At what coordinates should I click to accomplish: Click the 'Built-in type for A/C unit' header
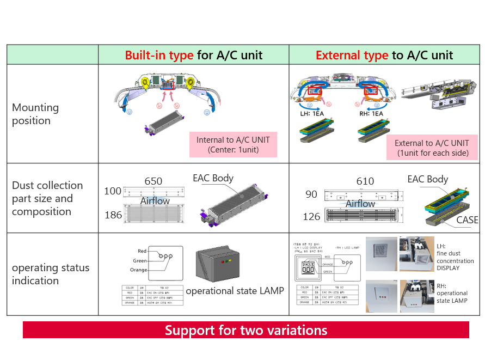pyautogui.click(x=193, y=55)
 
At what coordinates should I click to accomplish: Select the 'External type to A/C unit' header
pyautogui.click(x=384, y=55)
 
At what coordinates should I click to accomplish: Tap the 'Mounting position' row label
pyautogui.click(x=35, y=114)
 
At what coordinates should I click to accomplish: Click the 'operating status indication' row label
pyautogui.click(x=50, y=274)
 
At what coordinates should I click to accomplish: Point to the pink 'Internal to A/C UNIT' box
pyautogui.click(x=233, y=144)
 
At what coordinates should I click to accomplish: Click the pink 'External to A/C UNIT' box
pyautogui.click(x=431, y=148)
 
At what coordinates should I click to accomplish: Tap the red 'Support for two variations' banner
pyautogui.click(x=245, y=330)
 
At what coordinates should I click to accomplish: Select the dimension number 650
pyautogui.click(x=153, y=181)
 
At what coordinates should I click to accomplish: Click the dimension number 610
pyautogui.click(x=365, y=181)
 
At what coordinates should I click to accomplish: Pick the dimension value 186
pyautogui.click(x=113, y=215)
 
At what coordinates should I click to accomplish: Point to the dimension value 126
pyautogui.click(x=311, y=217)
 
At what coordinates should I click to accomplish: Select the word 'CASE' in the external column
pyautogui.click(x=467, y=220)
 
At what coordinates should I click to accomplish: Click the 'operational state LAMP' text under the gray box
pyautogui.click(x=235, y=291)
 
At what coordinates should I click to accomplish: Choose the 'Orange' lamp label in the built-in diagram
pyautogui.click(x=138, y=270)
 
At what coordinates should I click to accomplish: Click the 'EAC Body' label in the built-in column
pyautogui.click(x=213, y=178)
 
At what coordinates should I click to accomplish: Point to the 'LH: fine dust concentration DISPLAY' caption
pyautogui.click(x=455, y=257)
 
